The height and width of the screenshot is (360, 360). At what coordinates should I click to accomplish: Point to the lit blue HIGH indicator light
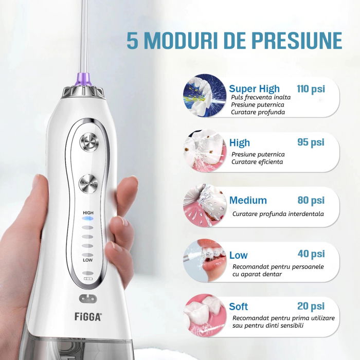click(88, 218)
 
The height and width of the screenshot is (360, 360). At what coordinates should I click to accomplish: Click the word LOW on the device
click(87, 261)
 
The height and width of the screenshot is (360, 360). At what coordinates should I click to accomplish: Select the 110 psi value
click(311, 89)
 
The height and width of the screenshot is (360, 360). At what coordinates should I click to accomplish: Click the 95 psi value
click(311, 142)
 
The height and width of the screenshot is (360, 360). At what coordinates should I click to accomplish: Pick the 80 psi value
click(311, 200)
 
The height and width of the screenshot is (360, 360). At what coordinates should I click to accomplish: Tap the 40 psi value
click(311, 254)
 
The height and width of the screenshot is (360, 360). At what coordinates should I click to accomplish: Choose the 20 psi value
click(311, 307)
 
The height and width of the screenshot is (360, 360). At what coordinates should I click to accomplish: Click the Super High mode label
click(255, 89)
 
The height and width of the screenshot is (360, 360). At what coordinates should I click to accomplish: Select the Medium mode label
click(248, 200)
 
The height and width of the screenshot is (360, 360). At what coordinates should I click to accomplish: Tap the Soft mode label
click(239, 307)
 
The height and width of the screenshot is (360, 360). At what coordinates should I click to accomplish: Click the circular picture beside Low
click(204, 259)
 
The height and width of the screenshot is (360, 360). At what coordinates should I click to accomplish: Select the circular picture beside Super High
click(204, 95)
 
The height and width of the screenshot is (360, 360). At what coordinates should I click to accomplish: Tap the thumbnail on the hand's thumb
click(124, 221)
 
